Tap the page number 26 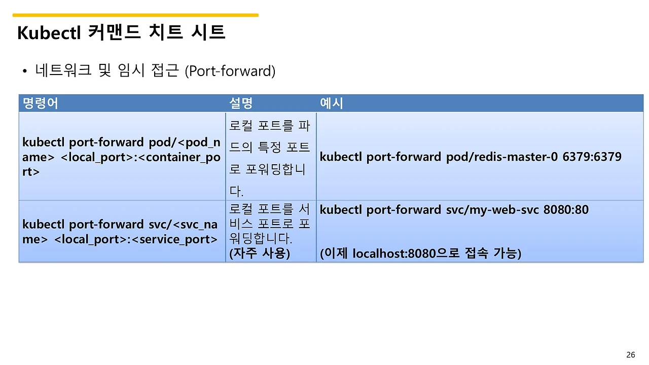tap(631, 354)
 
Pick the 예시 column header tap(332, 103)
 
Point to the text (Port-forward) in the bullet tap(230, 71)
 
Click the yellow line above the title tap(135, 15)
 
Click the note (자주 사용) tap(260, 253)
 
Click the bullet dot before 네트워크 tap(24, 72)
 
